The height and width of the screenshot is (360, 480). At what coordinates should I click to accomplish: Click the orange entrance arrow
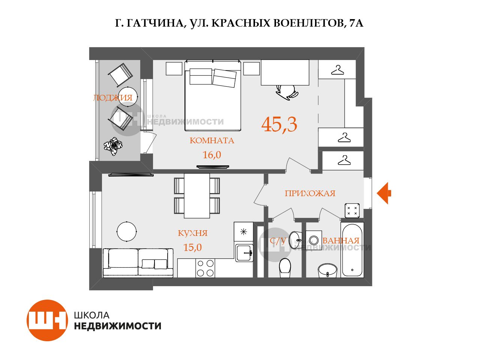point(384,193)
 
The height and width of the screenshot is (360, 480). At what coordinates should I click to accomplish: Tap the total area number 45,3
point(279,124)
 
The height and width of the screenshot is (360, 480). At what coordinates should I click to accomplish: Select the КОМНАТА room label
point(211,140)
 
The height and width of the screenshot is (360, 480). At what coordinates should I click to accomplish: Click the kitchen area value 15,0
point(192,247)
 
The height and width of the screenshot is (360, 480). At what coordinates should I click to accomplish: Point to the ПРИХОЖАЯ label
point(310,193)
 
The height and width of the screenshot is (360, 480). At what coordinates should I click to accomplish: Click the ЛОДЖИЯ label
point(113,98)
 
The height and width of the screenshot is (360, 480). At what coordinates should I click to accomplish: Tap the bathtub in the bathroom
point(352,250)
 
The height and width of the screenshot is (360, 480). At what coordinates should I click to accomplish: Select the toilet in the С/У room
point(285,268)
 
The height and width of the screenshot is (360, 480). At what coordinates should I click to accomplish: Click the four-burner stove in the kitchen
point(205,268)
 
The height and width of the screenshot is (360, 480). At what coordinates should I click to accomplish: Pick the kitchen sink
point(244,253)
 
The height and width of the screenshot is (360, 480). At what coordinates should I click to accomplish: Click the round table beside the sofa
point(127,231)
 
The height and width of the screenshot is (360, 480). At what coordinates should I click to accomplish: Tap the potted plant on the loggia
point(113,146)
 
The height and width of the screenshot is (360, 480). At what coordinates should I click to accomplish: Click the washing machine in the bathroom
point(313,239)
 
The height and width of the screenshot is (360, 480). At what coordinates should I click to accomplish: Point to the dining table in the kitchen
point(197,196)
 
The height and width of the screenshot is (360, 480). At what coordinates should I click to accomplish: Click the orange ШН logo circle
point(47,320)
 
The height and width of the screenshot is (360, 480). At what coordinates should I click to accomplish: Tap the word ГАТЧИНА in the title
point(155,23)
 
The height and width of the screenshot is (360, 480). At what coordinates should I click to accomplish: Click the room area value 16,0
point(211,155)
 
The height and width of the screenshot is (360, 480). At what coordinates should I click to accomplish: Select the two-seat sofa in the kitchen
point(138,263)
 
